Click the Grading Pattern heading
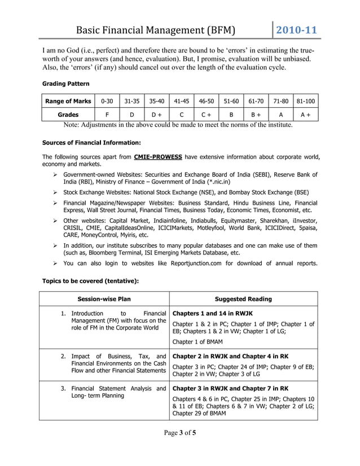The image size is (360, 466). click(65, 83)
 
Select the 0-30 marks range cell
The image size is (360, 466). click(107, 101)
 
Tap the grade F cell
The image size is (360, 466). click(107, 114)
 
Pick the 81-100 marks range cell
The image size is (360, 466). click(306, 101)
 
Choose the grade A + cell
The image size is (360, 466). click(306, 114)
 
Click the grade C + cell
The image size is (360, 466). click(207, 114)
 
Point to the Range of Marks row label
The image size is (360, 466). click(68, 101)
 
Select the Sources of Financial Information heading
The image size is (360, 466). click(91, 143)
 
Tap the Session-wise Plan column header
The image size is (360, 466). click(104, 299)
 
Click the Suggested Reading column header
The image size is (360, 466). click(243, 299)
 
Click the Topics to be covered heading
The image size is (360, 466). click(90, 280)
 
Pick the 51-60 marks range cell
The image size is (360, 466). click(231, 101)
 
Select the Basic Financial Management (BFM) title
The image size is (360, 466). click(155, 30)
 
